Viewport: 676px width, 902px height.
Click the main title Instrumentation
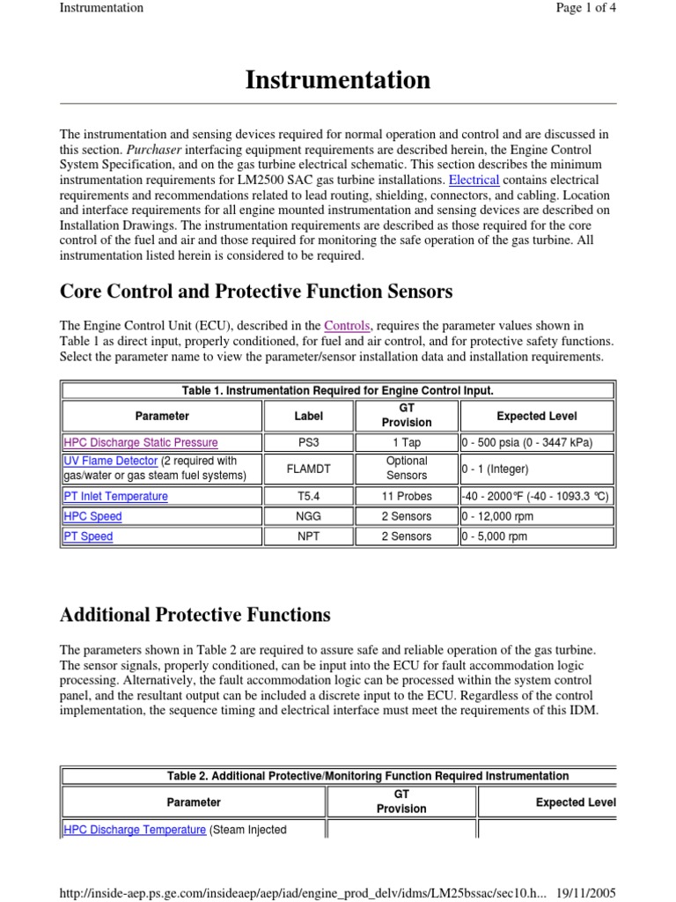coord(338,80)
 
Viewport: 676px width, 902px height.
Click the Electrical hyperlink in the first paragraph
coord(474,180)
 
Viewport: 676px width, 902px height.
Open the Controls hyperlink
coord(346,325)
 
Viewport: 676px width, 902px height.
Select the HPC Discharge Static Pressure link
coord(141,442)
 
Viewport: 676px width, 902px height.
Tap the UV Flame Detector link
coord(111,461)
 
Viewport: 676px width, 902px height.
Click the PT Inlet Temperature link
coord(115,496)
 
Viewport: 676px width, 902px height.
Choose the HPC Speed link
coord(92,516)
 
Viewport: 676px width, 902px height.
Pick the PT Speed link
coord(88,536)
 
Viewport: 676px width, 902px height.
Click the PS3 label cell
coord(308,442)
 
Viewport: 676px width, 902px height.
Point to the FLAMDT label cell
coord(308,469)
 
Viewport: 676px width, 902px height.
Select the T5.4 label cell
coord(308,496)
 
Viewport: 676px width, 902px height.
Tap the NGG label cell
coord(308,516)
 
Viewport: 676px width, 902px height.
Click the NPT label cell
coord(308,536)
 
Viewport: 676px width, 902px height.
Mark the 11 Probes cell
coord(407,496)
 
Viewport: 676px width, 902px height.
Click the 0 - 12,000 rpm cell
coord(497,516)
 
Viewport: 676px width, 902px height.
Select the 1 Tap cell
coord(407,442)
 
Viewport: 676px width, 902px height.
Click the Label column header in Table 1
coord(308,416)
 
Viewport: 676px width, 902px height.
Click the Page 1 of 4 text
coord(583,8)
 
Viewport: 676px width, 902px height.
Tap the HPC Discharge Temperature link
coord(135,829)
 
